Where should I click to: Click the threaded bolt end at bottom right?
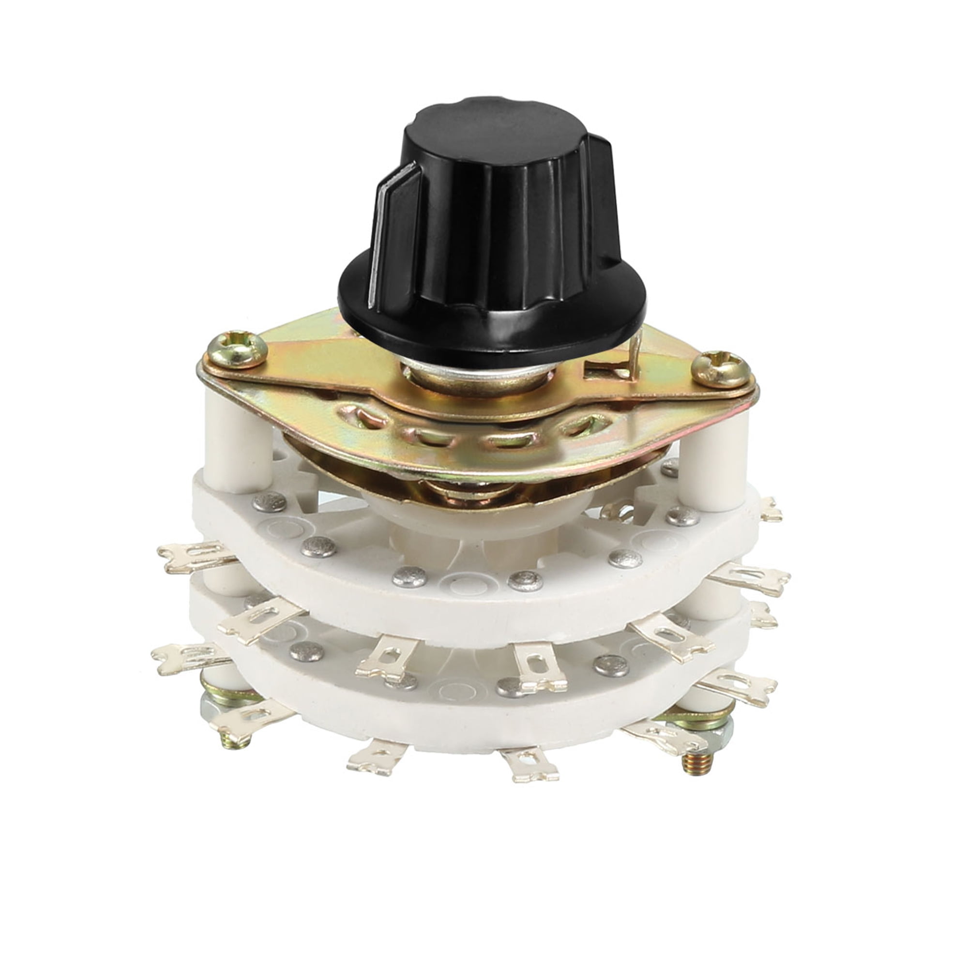pyautogui.click(x=698, y=761)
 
